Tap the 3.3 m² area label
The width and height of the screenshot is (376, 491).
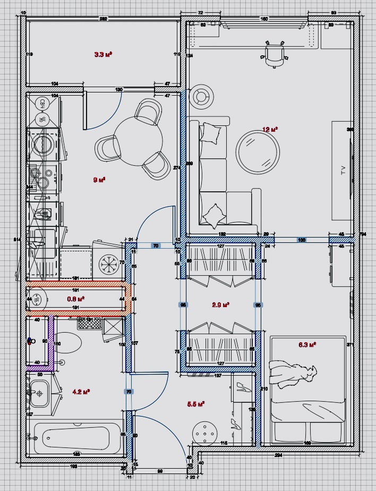click(102, 54)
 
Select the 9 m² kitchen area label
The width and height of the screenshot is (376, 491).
click(99, 180)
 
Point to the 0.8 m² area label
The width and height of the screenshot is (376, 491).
click(76, 299)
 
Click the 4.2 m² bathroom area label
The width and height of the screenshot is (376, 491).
click(81, 392)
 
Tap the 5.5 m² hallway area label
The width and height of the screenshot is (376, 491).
click(196, 404)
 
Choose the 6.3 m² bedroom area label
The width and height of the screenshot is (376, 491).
click(307, 344)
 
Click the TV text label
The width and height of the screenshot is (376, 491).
click(343, 170)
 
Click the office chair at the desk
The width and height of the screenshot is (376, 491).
click(274, 54)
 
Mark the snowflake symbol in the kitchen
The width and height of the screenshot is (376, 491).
click(111, 264)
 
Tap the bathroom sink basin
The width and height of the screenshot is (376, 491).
click(39, 394)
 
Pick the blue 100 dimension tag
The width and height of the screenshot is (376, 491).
click(301, 240)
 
